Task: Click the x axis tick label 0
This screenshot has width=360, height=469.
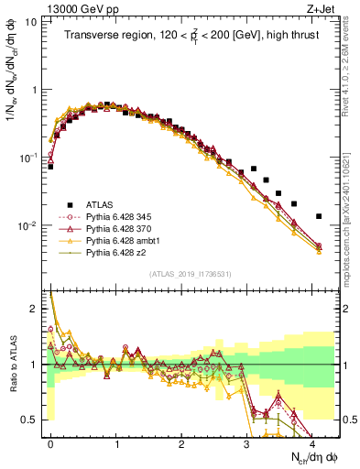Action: (x=50, y=442)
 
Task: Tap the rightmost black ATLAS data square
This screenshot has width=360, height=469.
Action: (x=319, y=216)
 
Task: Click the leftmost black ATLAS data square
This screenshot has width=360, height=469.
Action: (x=50, y=167)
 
